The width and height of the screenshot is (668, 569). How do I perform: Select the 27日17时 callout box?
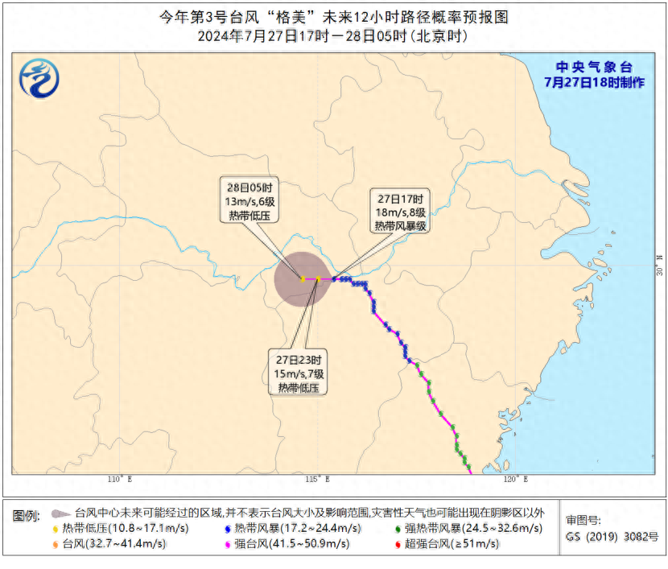pos(399,212)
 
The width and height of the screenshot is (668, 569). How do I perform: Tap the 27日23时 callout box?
pos(299,373)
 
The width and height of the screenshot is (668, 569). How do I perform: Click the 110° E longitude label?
pos(118,480)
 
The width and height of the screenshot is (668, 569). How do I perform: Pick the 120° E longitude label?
pos(516,480)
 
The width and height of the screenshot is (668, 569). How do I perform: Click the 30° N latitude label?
pos(658,266)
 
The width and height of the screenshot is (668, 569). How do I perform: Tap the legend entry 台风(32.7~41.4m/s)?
pos(113,544)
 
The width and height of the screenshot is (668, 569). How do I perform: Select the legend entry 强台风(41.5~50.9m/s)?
pos(291,544)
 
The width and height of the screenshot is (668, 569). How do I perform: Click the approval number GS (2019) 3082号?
pos(612,537)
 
